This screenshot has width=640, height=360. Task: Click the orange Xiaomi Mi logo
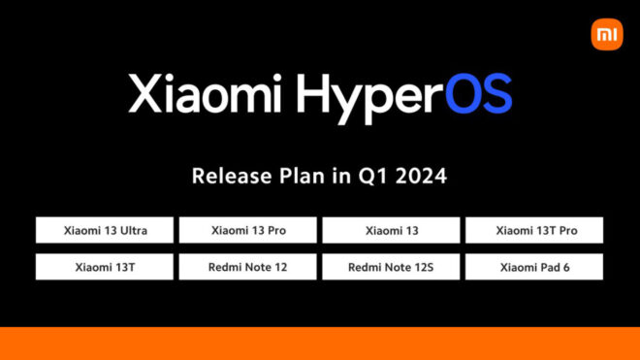point(605,35)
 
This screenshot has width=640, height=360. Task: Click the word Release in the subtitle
point(226,177)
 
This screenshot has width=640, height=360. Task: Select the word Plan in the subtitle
point(290,177)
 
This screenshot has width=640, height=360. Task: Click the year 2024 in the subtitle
point(414,177)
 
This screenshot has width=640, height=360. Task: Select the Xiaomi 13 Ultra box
point(105,230)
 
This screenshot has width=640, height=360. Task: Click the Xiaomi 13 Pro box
point(248,230)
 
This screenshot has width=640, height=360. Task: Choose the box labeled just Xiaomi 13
point(391,230)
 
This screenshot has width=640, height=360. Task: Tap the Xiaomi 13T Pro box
point(534,230)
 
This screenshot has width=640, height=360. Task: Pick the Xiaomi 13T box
point(105,266)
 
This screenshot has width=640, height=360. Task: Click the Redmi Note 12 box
point(248,266)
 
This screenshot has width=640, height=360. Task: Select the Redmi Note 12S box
point(391,266)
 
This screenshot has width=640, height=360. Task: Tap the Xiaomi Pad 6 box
point(534,266)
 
